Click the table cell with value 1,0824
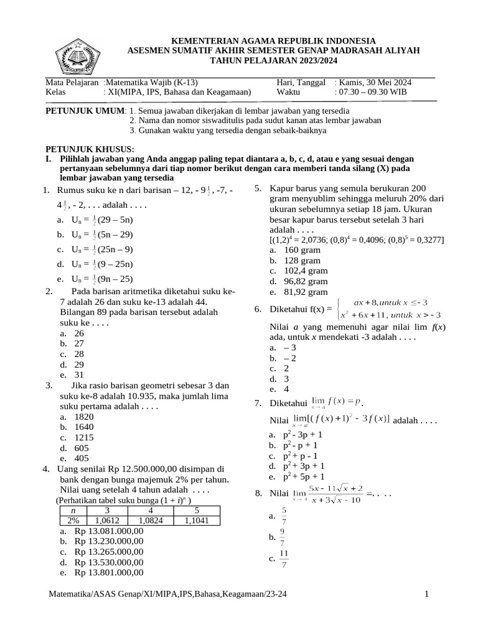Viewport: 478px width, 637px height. coord(151,521)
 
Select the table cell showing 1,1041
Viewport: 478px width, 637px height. coord(197,521)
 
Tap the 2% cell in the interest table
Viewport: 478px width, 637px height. coord(72,521)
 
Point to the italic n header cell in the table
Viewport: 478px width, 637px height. coord(72,511)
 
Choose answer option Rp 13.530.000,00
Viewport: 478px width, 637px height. coord(109,562)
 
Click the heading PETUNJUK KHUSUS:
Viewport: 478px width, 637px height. coord(91,149)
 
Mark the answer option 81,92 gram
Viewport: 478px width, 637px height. coord(305,292)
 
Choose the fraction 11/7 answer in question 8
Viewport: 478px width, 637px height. coord(284,558)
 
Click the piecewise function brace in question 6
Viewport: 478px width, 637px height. coord(337,309)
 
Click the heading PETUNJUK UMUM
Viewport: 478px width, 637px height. coord(86,111)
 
